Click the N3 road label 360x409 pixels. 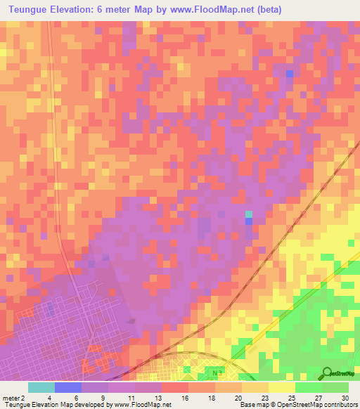(214, 370)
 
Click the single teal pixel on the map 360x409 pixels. (249, 214)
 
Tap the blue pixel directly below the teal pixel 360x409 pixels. (249, 221)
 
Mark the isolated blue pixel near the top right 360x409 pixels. (289, 73)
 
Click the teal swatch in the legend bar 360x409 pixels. (41, 387)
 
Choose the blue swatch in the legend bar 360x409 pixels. (68, 387)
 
